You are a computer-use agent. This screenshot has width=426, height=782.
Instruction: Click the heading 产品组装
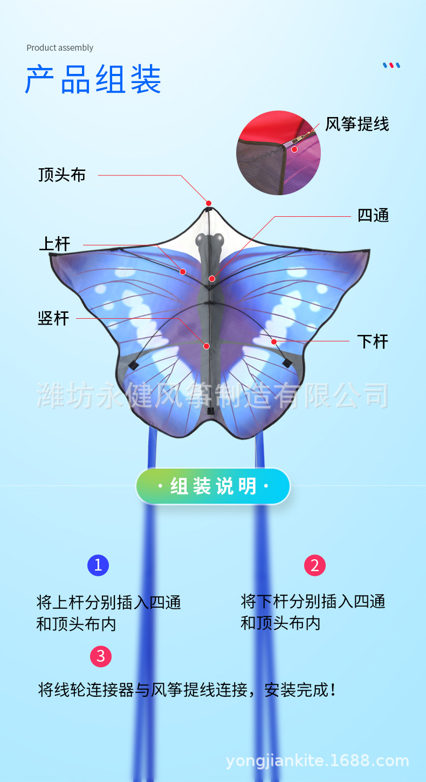(x=93, y=80)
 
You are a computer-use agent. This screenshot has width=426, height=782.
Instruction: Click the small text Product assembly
(x=60, y=47)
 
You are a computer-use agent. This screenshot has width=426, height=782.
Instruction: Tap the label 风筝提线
(x=356, y=125)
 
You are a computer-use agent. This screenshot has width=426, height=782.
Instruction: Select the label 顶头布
(x=62, y=175)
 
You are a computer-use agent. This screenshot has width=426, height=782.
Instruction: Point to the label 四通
(x=373, y=216)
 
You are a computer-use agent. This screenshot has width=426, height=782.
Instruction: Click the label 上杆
(x=54, y=244)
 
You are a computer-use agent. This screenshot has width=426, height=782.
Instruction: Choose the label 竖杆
(x=53, y=318)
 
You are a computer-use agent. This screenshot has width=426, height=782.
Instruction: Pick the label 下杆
(x=373, y=341)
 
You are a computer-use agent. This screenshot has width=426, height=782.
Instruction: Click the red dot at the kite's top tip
(x=209, y=203)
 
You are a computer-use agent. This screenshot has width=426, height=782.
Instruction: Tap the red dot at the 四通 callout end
(x=212, y=278)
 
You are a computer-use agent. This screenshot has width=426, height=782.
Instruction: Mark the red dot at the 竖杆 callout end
(x=206, y=346)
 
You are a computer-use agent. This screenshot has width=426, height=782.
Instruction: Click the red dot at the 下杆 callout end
(x=274, y=341)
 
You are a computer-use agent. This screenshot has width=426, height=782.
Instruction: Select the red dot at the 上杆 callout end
(x=183, y=272)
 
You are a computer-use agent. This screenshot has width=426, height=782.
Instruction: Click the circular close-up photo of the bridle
(x=278, y=153)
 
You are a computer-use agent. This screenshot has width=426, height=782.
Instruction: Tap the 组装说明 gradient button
(x=213, y=486)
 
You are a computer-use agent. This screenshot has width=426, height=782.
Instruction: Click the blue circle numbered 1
(x=98, y=565)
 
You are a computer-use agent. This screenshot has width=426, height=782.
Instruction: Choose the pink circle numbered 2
(x=315, y=565)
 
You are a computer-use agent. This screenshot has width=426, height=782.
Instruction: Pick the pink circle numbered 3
(x=101, y=656)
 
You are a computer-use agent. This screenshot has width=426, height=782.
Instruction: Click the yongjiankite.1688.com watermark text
(x=318, y=761)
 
